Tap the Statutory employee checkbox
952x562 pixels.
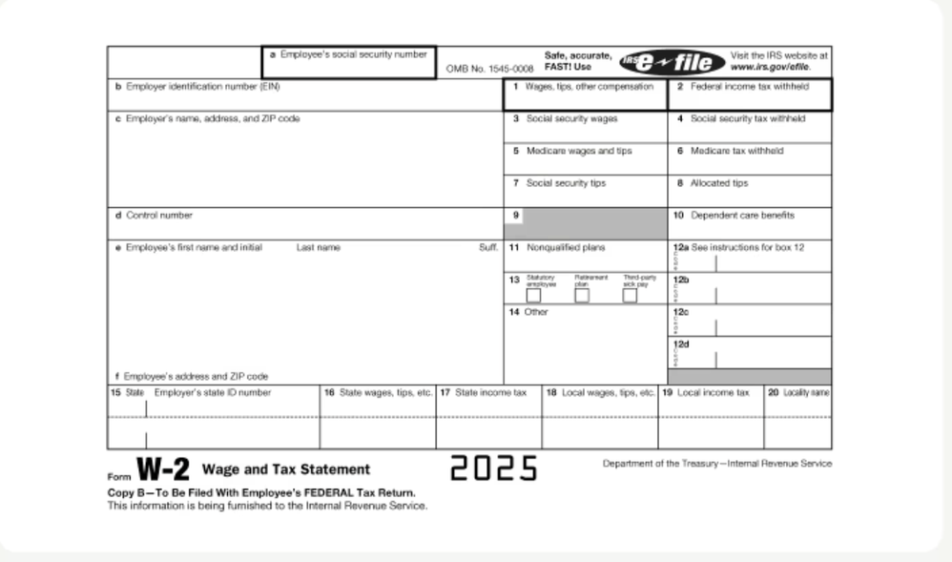point(534,295)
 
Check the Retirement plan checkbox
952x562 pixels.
point(582,295)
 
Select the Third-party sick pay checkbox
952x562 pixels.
point(630,295)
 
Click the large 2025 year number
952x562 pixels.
point(494,468)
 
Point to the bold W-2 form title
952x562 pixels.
point(163,469)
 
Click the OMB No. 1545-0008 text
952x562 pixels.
point(489,70)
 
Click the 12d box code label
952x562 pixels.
point(681,343)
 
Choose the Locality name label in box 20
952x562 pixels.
point(805,392)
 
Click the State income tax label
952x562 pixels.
point(490,392)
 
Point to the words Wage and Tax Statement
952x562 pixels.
point(286,469)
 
